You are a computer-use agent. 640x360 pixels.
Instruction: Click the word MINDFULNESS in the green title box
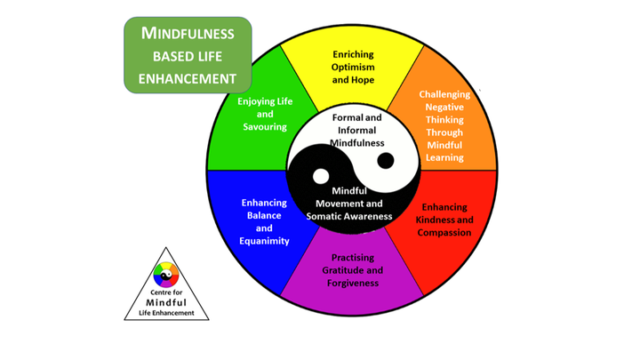tap(188, 34)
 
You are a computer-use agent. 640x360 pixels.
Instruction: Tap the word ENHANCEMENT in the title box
tap(188, 78)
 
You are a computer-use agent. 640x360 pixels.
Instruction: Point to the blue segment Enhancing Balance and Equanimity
tap(265, 221)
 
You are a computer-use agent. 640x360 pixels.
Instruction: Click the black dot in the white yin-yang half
tap(386, 161)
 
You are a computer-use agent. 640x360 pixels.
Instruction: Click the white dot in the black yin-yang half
tap(319, 176)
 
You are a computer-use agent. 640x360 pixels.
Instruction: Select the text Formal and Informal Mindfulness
tap(357, 130)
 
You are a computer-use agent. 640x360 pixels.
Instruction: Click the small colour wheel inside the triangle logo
tap(166, 276)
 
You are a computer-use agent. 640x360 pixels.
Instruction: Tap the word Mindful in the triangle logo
tap(166, 302)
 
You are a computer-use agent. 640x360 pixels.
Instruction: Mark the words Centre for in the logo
tap(166, 292)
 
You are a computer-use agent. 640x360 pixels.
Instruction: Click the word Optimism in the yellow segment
tap(353, 67)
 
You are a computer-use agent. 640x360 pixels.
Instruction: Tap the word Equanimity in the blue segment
tap(265, 241)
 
